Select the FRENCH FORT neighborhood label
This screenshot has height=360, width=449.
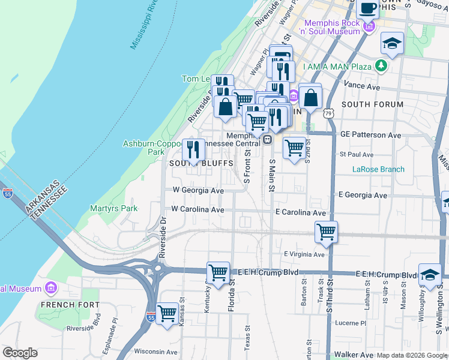pos(65,305)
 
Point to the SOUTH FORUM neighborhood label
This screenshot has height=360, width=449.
pos(372,104)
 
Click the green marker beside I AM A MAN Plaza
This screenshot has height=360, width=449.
pos(381,65)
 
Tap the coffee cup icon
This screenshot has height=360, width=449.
pos(367,9)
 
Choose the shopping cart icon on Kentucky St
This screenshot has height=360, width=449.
pos(218,273)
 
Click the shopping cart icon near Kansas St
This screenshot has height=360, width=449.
pos(167,313)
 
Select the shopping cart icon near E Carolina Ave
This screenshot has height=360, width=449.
pos(326,232)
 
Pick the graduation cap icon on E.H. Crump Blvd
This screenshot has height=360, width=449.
pos(430,274)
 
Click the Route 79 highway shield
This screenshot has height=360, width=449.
pos(328,113)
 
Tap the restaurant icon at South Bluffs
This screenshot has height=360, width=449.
pos(193,150)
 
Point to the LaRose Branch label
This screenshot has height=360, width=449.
pos(378,169)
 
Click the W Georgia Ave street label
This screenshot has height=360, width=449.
pos(198,190)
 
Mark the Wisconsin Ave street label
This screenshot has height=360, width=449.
pos(156,352)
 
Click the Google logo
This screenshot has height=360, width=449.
pos(20,353)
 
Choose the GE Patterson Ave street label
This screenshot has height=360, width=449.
pos(370,136)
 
